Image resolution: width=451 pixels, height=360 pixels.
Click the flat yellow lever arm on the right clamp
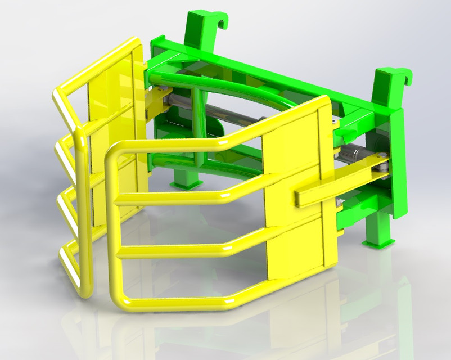pyautogui.click(x=337, y=181)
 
